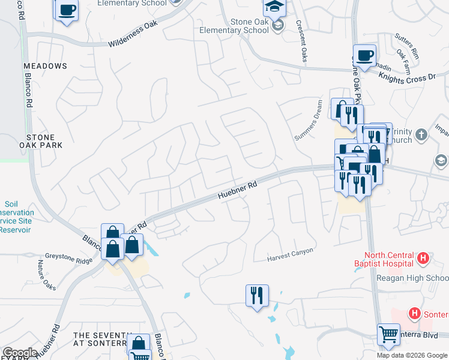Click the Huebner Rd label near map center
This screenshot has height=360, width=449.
pyautogui.click(x=237, y=191)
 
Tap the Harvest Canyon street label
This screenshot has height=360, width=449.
pyautogui.click(x=291, y=255)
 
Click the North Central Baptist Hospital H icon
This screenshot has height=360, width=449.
pyautogui.click(x=423, y=259)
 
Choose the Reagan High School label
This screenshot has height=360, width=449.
pyautogui.click(x=412, y=278)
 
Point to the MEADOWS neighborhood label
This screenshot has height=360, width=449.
pyautogui.click(x=45, y=65)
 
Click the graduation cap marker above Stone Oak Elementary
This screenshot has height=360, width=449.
pyautogui.click(x=274, y=7)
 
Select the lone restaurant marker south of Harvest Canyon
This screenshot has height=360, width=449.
pyautogui.click(x=257, y=296)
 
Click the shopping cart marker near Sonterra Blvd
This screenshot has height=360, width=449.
pyautogui.click(x=388, y=335)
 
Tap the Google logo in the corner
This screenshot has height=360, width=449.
pyautogui.click(x=20, y=353)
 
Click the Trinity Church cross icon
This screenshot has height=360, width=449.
pyautogui.click(x=422, y=134)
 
